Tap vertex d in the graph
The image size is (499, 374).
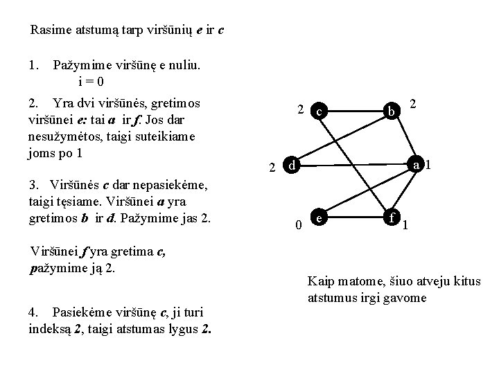292,166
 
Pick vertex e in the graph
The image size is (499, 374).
318,217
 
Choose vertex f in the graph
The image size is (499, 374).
393,217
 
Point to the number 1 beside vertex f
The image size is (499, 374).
405,225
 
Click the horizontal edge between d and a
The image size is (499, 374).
353,166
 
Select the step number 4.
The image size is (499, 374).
33,312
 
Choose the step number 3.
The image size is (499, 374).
33,185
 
